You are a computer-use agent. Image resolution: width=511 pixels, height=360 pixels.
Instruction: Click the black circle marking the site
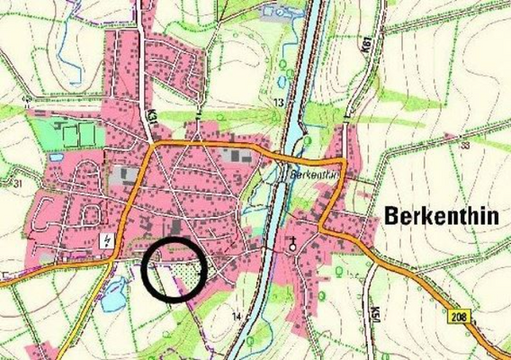(x=174, y=271)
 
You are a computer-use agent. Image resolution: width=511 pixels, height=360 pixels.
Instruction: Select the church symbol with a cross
(x=292, y=244)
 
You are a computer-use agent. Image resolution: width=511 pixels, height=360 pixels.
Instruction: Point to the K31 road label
(x=152, y=117)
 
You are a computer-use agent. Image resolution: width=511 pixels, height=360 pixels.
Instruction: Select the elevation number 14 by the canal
(x=236, y=316)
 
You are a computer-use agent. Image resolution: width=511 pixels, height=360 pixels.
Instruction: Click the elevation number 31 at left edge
(x=17, y=185)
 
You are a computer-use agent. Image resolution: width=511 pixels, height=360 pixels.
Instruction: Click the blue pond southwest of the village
(x=115, y=296)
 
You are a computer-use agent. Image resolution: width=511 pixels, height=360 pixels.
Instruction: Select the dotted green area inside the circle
(x=185, y=269)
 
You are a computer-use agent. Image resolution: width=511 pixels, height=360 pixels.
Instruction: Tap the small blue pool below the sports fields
(x=56, y=157)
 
